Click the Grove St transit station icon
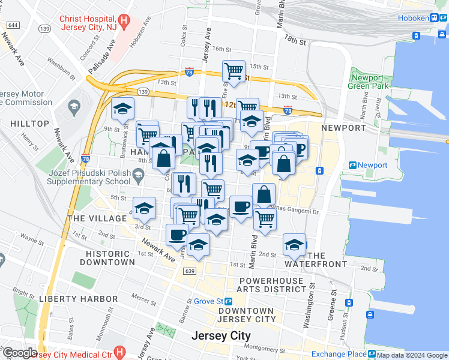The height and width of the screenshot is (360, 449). (229, 301)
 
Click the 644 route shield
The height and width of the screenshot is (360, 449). (13, 25)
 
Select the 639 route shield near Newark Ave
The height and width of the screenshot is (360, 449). (190, 272)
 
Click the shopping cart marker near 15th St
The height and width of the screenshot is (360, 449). (234, 71)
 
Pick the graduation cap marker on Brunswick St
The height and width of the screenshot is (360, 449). (122, 109)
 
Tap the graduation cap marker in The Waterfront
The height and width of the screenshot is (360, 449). (294, 245)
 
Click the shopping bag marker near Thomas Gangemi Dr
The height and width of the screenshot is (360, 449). (264, 194)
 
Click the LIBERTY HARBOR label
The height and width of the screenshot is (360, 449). (78, 298)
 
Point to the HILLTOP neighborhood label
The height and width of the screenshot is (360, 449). (29, 123)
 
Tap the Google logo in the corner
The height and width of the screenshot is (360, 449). (19, 353)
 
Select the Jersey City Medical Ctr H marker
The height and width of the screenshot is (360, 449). (119, 352)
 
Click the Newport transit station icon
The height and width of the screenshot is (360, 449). (352, 165)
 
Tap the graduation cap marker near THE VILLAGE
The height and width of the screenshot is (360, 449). (144, 208)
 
